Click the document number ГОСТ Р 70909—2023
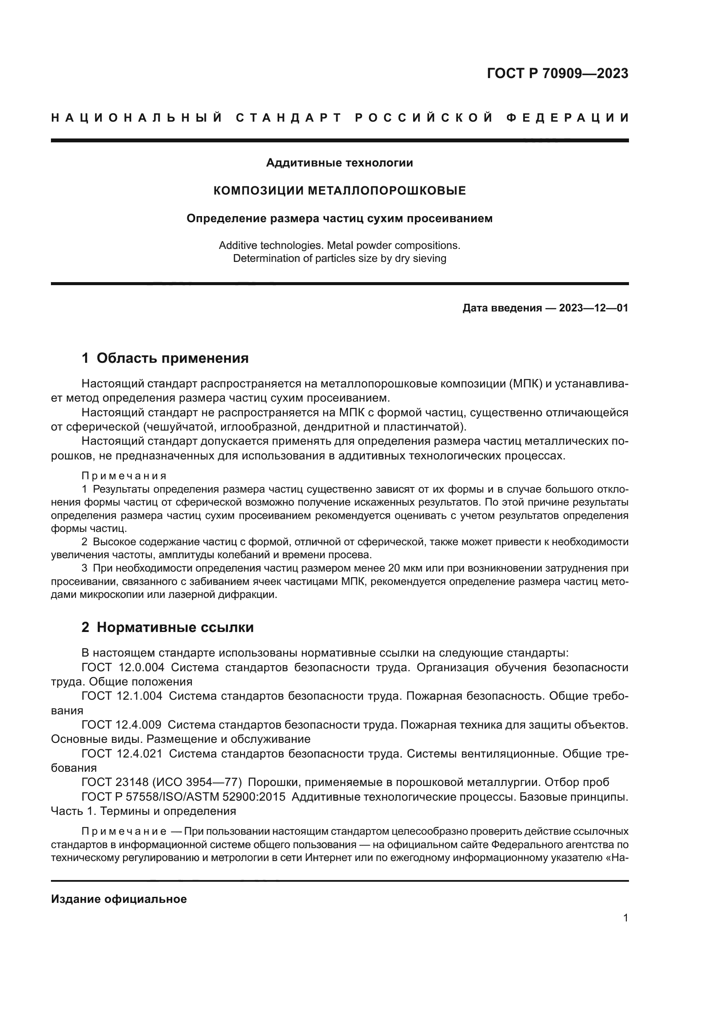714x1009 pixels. pos(557,74)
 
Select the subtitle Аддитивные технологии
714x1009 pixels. pos(339,163)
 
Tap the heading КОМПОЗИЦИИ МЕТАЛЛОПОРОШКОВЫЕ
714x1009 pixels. pos(339,191)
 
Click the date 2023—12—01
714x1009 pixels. pos(593,308)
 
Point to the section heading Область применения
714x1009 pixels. pos(172,358)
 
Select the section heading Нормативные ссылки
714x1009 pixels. pos(175,627)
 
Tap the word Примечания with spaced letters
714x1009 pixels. pos(124,476)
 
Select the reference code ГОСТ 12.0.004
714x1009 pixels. pos(123,667)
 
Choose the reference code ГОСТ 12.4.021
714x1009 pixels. pos(122,754)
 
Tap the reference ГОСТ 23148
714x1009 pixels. pos(115,782)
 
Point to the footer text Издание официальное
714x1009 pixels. pos(119,899)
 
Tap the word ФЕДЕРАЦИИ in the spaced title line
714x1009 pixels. pos(567,118)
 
